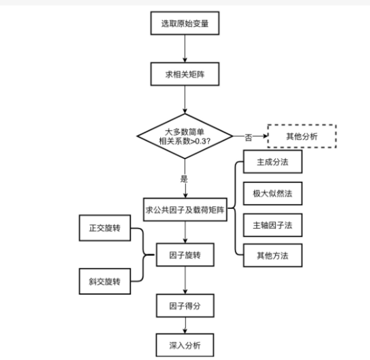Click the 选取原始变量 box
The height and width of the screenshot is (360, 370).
click(x=186, y=24)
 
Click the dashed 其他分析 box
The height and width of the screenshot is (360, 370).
click(x=302, y=136)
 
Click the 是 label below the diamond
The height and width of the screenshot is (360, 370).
click(x=183, y=178)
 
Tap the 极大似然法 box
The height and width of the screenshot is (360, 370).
click(x=273, y=194)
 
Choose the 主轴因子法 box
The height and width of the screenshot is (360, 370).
click(x=273, y=224)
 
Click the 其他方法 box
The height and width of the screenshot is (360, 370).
click(x=273, y=254)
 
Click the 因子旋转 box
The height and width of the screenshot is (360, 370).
click(x=186, y=254)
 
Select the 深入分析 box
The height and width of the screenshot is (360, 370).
click(x=186, y=344)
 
